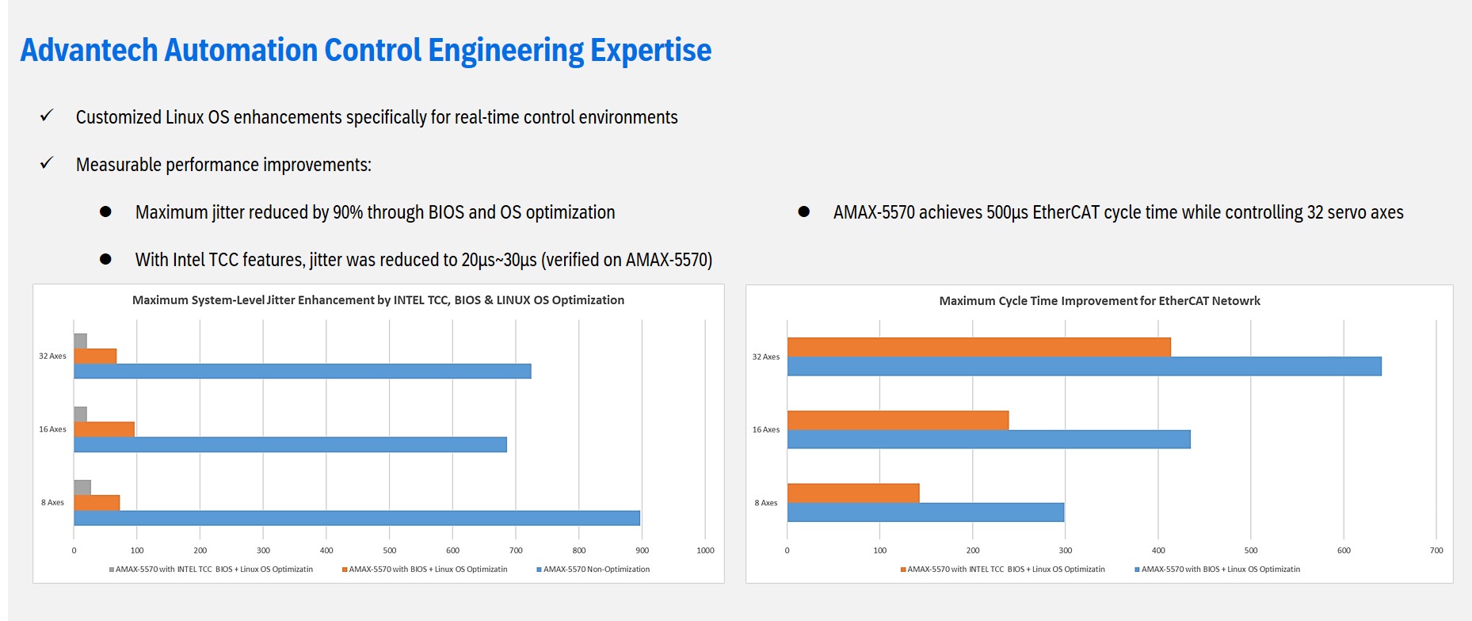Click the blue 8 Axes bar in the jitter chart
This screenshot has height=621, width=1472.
pos(357,518)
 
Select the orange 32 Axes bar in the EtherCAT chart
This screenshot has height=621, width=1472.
pos(978,347)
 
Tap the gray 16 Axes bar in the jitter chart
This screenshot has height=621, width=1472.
pos(80,414)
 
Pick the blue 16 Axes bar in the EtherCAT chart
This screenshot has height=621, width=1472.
pos(988,440)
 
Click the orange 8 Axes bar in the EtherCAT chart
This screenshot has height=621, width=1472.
pos(853,493)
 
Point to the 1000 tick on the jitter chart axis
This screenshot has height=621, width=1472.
pos(705,551)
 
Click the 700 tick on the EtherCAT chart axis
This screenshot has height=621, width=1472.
pos(1436,551)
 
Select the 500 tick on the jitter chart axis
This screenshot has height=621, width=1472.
pos(389,551)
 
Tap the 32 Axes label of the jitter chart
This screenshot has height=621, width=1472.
pos(52,356)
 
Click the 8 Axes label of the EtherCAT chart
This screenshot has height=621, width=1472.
pos(765,503)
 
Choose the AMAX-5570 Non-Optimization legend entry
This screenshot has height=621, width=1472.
pos(593,570)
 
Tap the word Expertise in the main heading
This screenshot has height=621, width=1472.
pos(650,51)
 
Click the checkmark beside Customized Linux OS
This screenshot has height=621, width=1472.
pos(47,116)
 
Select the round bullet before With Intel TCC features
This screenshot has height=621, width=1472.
pos(105,259)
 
